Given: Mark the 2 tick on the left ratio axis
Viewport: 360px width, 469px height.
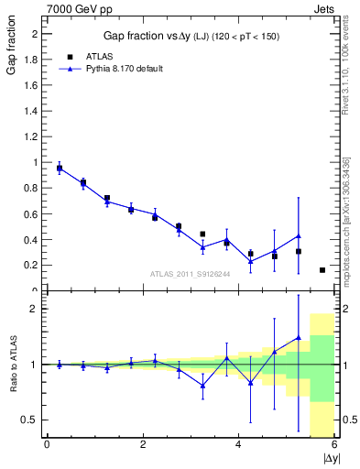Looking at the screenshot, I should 34,309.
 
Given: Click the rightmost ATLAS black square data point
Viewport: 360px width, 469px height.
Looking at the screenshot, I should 322,270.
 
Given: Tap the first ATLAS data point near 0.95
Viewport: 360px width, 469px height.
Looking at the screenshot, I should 60,169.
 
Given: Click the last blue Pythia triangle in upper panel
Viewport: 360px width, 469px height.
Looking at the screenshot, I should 299,235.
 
